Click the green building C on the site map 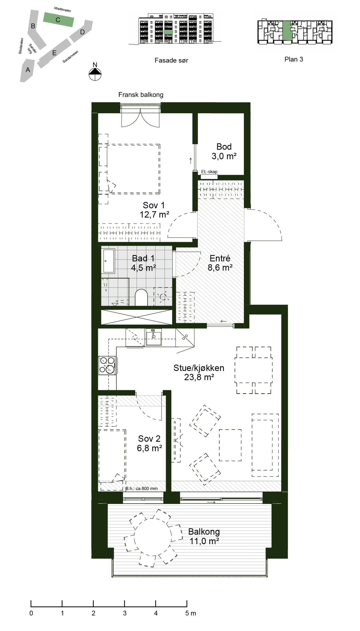[x=58, y=20]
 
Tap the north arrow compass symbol [x=95, y=74]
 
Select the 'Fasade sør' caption [x=171, y=60]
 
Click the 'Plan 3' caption [x=294, y=59]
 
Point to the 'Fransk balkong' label [x=141, y=95]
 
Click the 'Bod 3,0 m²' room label [x=224, y=151]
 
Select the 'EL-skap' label [x=209, y=172]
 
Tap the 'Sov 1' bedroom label [x=154, y=205]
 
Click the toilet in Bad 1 [x=141, y=298]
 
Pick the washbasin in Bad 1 [x=109, y=261]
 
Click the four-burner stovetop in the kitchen [x=107, y=365]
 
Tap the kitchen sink [x=153, y=337]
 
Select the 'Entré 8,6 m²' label [x=220, y=263]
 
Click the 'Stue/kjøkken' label [x=199, y=368]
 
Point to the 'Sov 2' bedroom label [x=149, y=439]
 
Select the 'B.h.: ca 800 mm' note [x=141, y=488]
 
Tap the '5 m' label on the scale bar [x=191, y=613]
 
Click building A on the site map [x=27, y=70]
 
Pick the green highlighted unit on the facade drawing [x=168, y=32]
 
